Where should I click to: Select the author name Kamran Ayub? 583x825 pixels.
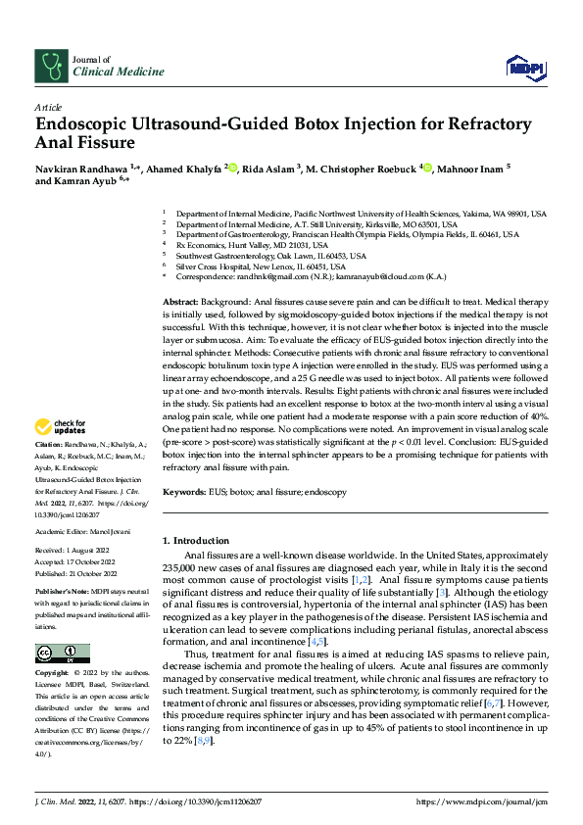89,181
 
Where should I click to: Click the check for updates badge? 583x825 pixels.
60,427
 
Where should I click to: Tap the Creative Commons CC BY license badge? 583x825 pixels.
62,654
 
